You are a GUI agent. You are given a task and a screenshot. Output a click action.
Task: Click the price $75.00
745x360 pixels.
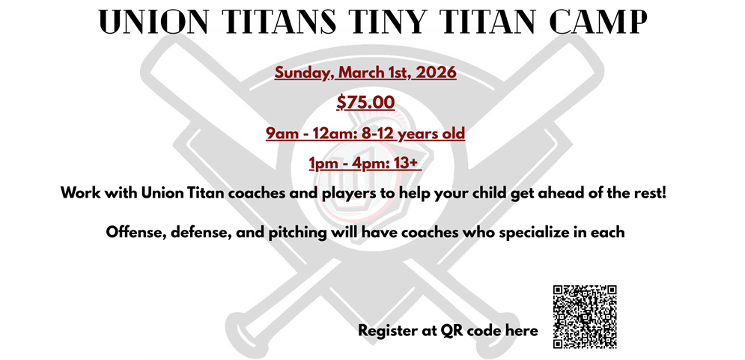pyautogui.click(x=365, y=103)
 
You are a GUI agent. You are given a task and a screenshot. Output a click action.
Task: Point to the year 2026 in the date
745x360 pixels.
pyautogui.click(x=435, y=73)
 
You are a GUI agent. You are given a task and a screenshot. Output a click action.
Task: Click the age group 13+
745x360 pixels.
pyautogui.click(x=413, y=163)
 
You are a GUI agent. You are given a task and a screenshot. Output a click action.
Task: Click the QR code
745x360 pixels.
pyautogui.click(x=585, y=317)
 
